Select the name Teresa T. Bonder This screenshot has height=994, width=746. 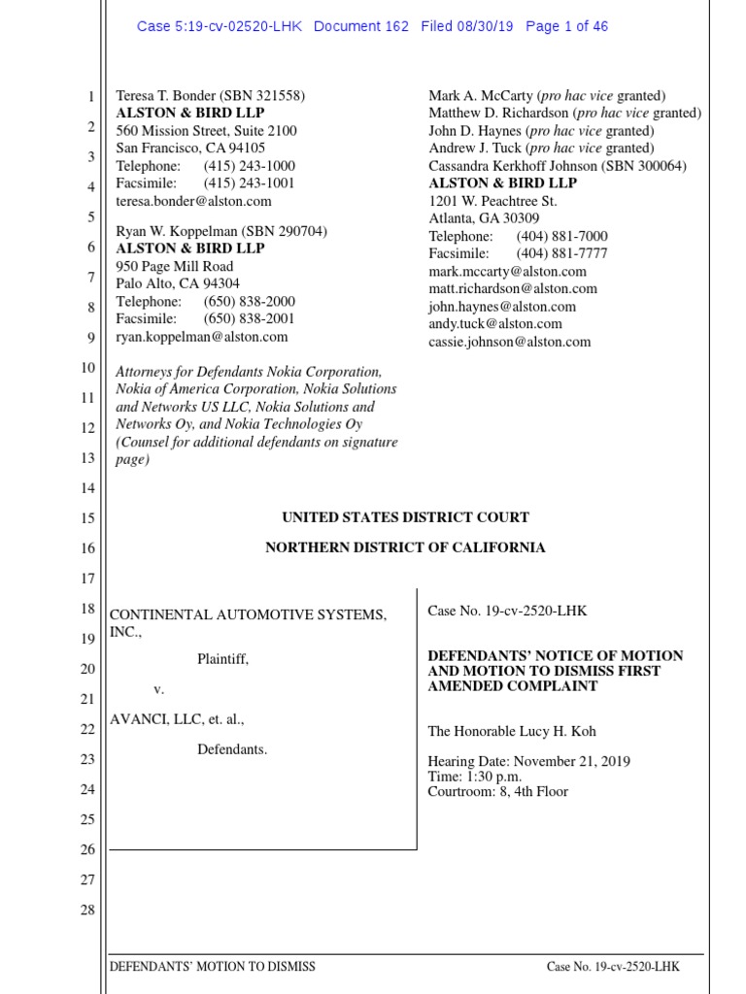coord(162,96)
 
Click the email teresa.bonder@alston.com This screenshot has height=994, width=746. coord(194,201)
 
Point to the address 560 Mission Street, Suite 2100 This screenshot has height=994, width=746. coord(207,131)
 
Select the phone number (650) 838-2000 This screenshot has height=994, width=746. coord(250,302)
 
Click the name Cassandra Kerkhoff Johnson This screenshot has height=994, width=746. coord(514,166)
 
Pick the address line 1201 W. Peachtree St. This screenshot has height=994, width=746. coord(492,201)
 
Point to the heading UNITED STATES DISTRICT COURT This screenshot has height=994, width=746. coord(405,517)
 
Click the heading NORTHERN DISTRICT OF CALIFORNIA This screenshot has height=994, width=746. coord(405,547)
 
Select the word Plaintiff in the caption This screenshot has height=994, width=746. coord(221,659)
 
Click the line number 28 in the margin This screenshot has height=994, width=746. coord(87,910)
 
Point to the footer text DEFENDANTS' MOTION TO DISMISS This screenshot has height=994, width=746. coord(213,967)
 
